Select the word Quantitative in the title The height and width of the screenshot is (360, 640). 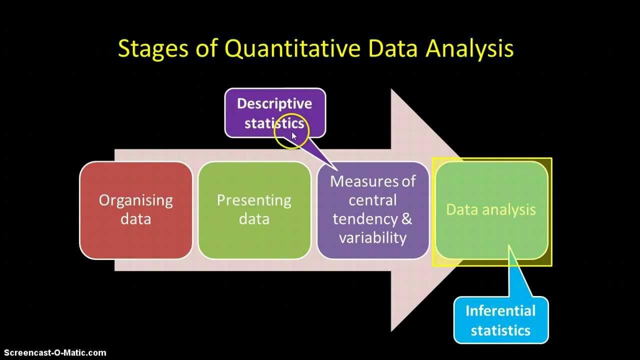click(292, 49)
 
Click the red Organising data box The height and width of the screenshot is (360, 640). click(136, 210)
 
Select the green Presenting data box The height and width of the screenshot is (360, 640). click(254, 210)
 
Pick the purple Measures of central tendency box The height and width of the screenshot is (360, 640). click(372, 210)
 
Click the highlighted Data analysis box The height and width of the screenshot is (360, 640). click(491, 210)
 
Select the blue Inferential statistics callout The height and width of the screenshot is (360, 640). click(500, 320)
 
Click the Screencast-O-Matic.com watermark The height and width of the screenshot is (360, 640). click(53, 353)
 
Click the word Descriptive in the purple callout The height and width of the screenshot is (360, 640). click(274, 103)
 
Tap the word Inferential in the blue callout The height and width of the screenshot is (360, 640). click(500, 311)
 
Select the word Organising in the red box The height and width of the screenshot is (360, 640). click(136, 200)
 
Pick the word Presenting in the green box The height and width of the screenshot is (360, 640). click(254, 200)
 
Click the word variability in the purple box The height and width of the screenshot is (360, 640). click(372, 237)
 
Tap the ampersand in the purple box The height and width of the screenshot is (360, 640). click(407, 219)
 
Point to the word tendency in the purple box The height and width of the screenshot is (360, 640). click(365, 219)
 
